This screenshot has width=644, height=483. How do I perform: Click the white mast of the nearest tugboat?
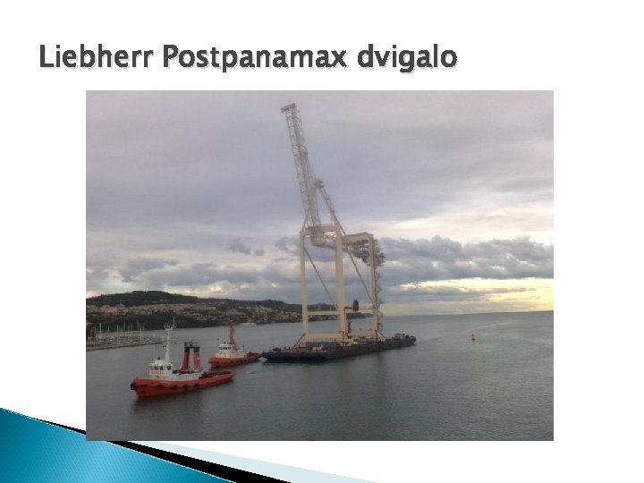(x=167, y=340)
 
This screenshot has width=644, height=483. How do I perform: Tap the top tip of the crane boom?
(x=288, y=107)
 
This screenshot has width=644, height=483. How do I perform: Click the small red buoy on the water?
(x=472, y=338)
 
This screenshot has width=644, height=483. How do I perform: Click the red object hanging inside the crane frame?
(x=355, y=306)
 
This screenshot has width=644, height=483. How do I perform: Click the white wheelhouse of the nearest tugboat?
(x=162, y=366)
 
